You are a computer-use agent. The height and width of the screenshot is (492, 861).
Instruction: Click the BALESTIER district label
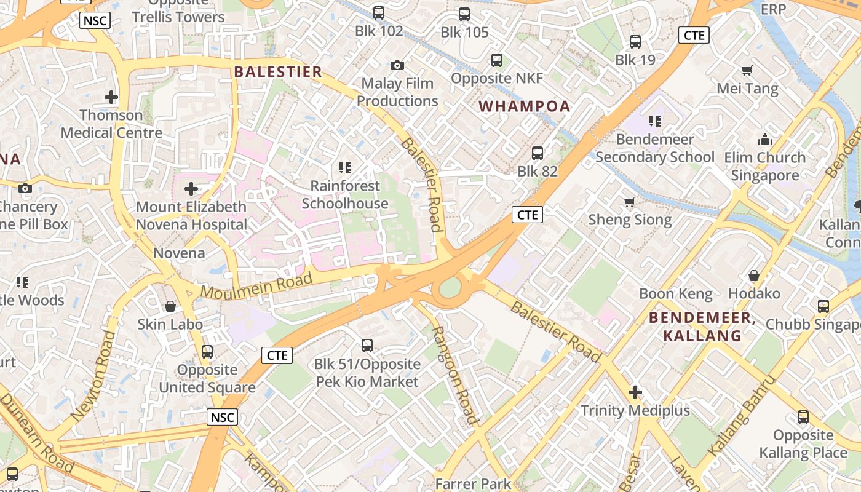(x=278, y=72)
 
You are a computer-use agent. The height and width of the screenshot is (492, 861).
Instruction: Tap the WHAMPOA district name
(x=525, y=106)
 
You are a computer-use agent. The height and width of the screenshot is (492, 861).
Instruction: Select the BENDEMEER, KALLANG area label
(x=702, y=327)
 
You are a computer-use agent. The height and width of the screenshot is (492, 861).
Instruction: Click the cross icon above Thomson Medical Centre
(x=111, y=97)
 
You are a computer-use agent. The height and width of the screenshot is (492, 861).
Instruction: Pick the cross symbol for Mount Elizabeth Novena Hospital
(x=191, y=189)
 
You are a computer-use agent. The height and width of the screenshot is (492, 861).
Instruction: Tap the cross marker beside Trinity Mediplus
(x=635, y=392)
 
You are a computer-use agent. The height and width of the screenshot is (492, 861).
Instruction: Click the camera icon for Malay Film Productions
(x=397, y=65)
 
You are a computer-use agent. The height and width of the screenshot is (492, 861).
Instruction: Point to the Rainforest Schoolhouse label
(x=345, y=194)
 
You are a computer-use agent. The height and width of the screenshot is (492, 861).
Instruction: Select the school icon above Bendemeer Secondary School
(x=655, y=121)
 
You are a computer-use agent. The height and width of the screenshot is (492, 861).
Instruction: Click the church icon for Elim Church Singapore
(x=765, y=140)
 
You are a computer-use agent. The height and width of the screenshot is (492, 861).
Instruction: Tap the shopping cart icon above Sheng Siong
(x=630, y=202)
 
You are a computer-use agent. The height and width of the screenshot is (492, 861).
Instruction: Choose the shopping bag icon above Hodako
(x=754, y=276)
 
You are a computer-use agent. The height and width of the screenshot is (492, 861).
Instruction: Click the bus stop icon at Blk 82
(x=538, y=153)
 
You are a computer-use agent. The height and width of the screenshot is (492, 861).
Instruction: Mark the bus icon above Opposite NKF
(x=497, y=60)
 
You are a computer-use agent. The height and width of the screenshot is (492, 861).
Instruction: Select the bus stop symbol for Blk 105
(x=464, y=14)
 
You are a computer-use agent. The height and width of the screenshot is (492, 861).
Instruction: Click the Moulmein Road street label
(x=257, y=287)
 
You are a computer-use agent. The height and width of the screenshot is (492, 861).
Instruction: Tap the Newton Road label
(x=93, y=376)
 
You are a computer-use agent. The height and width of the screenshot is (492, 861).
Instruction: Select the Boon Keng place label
(x=676, y=293)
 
